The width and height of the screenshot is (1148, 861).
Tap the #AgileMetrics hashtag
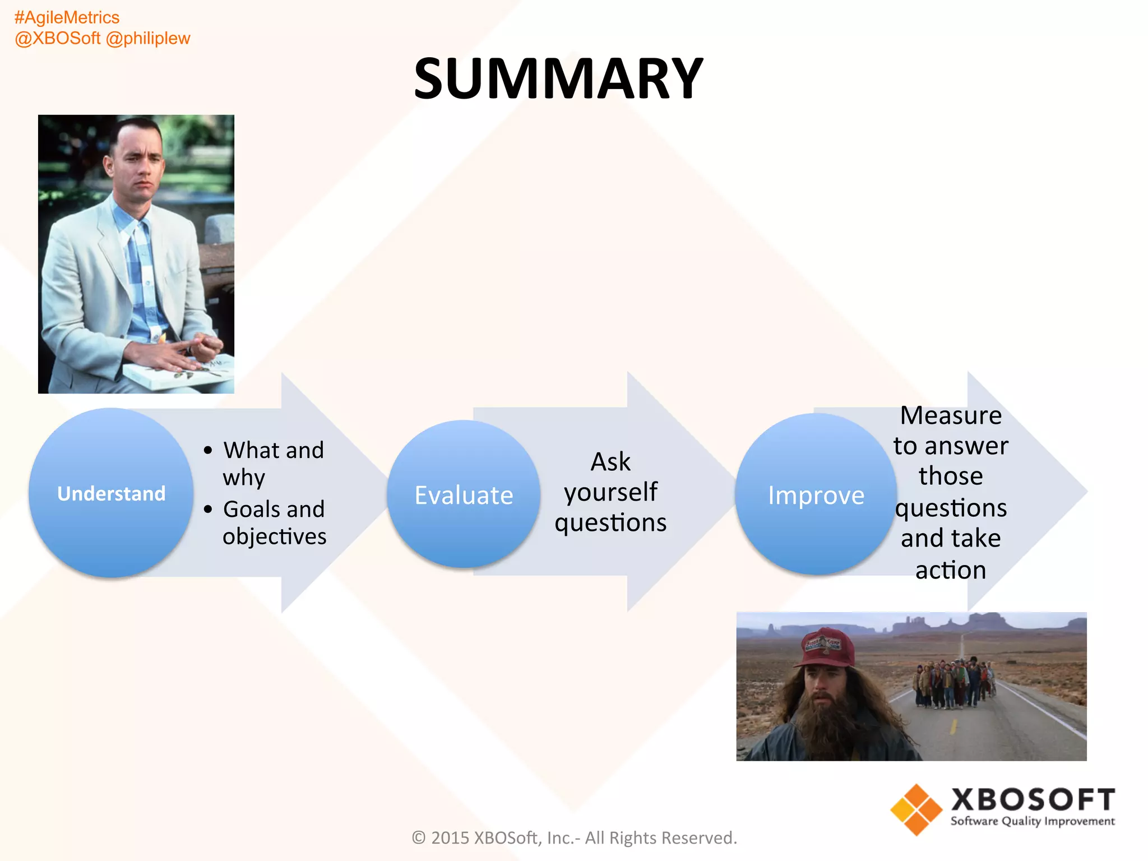67,17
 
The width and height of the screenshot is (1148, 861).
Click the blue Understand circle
111,493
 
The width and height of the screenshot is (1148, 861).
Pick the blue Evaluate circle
464,495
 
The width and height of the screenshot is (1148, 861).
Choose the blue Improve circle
816,495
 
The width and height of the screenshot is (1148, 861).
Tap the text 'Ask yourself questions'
610,492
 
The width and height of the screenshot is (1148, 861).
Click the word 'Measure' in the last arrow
951,416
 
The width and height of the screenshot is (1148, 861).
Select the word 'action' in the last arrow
951,571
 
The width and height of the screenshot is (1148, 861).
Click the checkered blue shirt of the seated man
140,269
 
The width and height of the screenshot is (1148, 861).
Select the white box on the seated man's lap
179,372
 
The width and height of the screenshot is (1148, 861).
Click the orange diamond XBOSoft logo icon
915,809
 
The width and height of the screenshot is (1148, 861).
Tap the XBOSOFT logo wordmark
1033,799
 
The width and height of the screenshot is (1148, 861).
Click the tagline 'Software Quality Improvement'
1033,821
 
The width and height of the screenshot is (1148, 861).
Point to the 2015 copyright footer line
574,837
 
